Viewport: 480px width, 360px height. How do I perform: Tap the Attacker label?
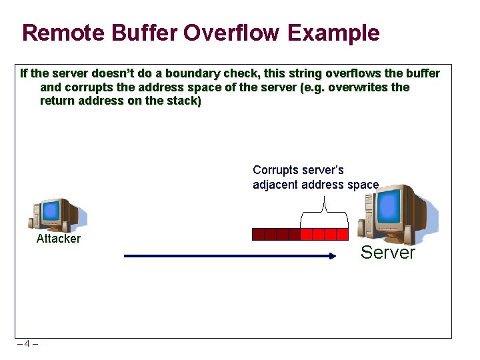[x=59, y=239]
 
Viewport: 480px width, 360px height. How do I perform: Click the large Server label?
[x=387, y=253]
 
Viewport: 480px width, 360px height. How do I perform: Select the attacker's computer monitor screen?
[x=52, y=212]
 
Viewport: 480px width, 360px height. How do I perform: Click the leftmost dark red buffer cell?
[x=258, y=234]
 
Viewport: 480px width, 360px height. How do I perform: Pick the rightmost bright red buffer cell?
[x=342, y=234]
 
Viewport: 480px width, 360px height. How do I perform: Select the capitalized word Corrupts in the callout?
[x=275, y=170]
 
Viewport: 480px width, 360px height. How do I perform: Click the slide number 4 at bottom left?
[x=27, y=344]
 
